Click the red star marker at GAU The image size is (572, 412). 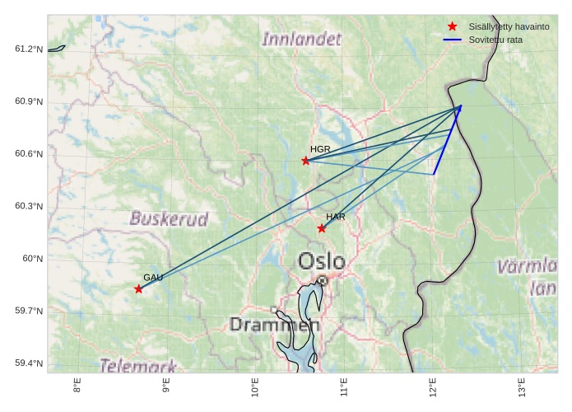138,288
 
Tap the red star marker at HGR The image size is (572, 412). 306,161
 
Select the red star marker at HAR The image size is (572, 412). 322,228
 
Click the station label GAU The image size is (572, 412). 153,278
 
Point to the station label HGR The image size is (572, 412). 320,149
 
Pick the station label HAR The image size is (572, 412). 335,217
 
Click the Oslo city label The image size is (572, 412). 322,262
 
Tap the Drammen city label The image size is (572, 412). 274,325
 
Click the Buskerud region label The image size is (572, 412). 169,219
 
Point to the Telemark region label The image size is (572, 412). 138,365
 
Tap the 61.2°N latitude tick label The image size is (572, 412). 28,49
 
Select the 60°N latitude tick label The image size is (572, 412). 32,259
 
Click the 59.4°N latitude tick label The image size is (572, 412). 28,363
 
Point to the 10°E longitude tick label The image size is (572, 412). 254,386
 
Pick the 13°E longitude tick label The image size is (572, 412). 522,386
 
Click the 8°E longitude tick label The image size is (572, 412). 77,385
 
